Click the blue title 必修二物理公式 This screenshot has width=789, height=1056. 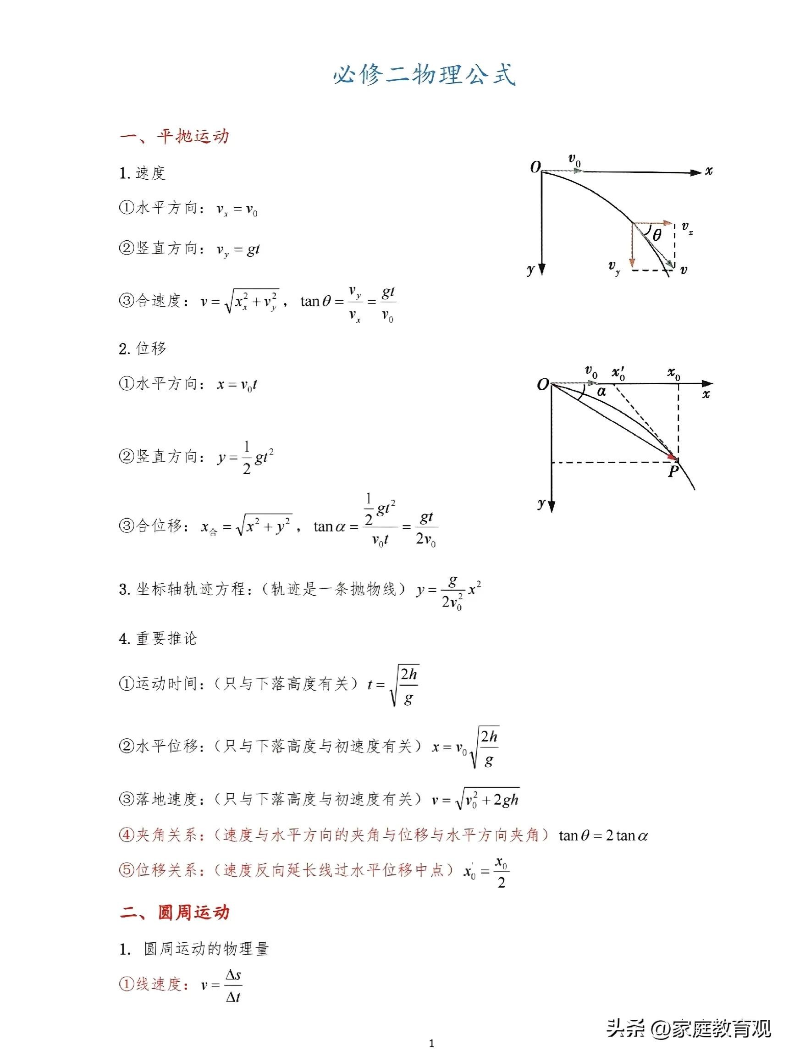(x=424, y=74)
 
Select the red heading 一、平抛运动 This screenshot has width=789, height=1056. (x=174, y=137)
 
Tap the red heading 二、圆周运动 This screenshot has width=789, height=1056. (x=174, y=912)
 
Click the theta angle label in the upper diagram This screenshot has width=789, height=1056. (x=657, y=235)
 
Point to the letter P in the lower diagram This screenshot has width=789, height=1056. (x=673, y=472)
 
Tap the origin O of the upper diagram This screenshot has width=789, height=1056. (x=535, y=167)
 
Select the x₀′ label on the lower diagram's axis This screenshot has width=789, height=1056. (x=618, y=373)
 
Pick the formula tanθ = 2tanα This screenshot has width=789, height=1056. (x=603, y=835)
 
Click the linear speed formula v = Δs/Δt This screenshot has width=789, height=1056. (x=221, y=985)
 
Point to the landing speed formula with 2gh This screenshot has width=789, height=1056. (x=475, y=799)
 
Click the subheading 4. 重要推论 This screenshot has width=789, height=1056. (x=158, y=638)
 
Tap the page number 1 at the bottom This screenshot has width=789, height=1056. (x=431, y=1044)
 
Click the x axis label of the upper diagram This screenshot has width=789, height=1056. (x=709, y=171)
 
